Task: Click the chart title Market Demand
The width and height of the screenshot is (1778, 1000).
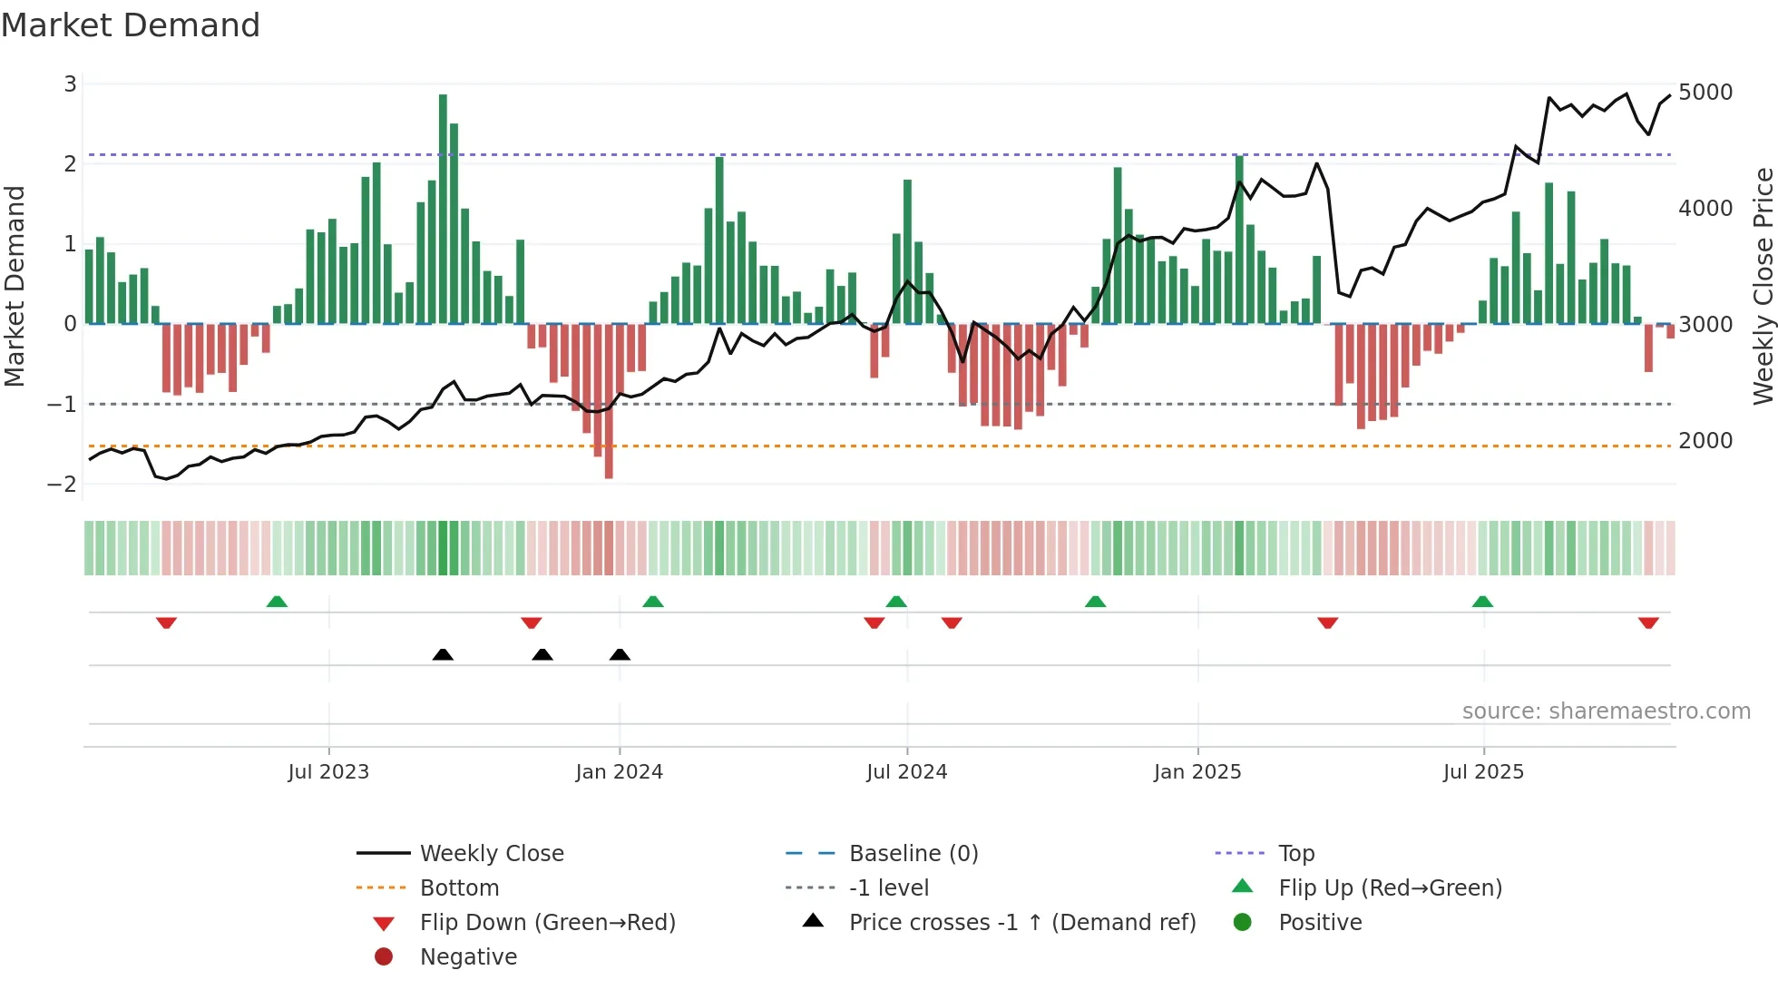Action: (x=131, y=25)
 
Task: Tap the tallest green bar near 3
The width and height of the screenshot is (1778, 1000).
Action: (x=443, y=209)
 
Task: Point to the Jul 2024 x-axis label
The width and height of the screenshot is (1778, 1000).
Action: (x=906, y=772)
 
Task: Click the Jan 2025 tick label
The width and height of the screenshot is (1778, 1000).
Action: (x=1197, y=772)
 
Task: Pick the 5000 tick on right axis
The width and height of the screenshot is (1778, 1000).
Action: (x=1705, y=93)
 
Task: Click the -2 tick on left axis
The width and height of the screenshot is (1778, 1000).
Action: (x=63, y=484)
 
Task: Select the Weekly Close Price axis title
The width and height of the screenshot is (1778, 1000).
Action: (x=1763, y=286)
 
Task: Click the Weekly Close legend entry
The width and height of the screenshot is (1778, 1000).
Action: (x=491, y=854)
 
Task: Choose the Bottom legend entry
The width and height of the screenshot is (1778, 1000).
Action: (x=459, y=888)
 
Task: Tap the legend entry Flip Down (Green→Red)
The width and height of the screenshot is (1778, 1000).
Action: (x=547, y=923)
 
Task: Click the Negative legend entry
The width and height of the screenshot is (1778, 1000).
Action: (x=468, y=957)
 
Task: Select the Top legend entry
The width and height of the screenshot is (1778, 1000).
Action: (x=1296, y=854)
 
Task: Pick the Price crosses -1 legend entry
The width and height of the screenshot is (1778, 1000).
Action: (x=1021, y=923)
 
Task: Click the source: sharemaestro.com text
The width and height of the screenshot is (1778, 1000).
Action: (x=1606, y=711)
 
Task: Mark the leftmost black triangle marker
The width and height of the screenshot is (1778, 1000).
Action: (x=443, y=654)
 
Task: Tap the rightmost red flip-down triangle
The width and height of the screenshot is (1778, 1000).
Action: (x=1648, y=623)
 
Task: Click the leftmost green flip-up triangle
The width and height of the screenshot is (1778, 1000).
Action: (x=277, y=602)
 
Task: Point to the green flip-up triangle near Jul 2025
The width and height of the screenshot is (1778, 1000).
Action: (x=1482, y=602)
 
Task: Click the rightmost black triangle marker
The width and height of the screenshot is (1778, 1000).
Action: (x=620, y=654)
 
